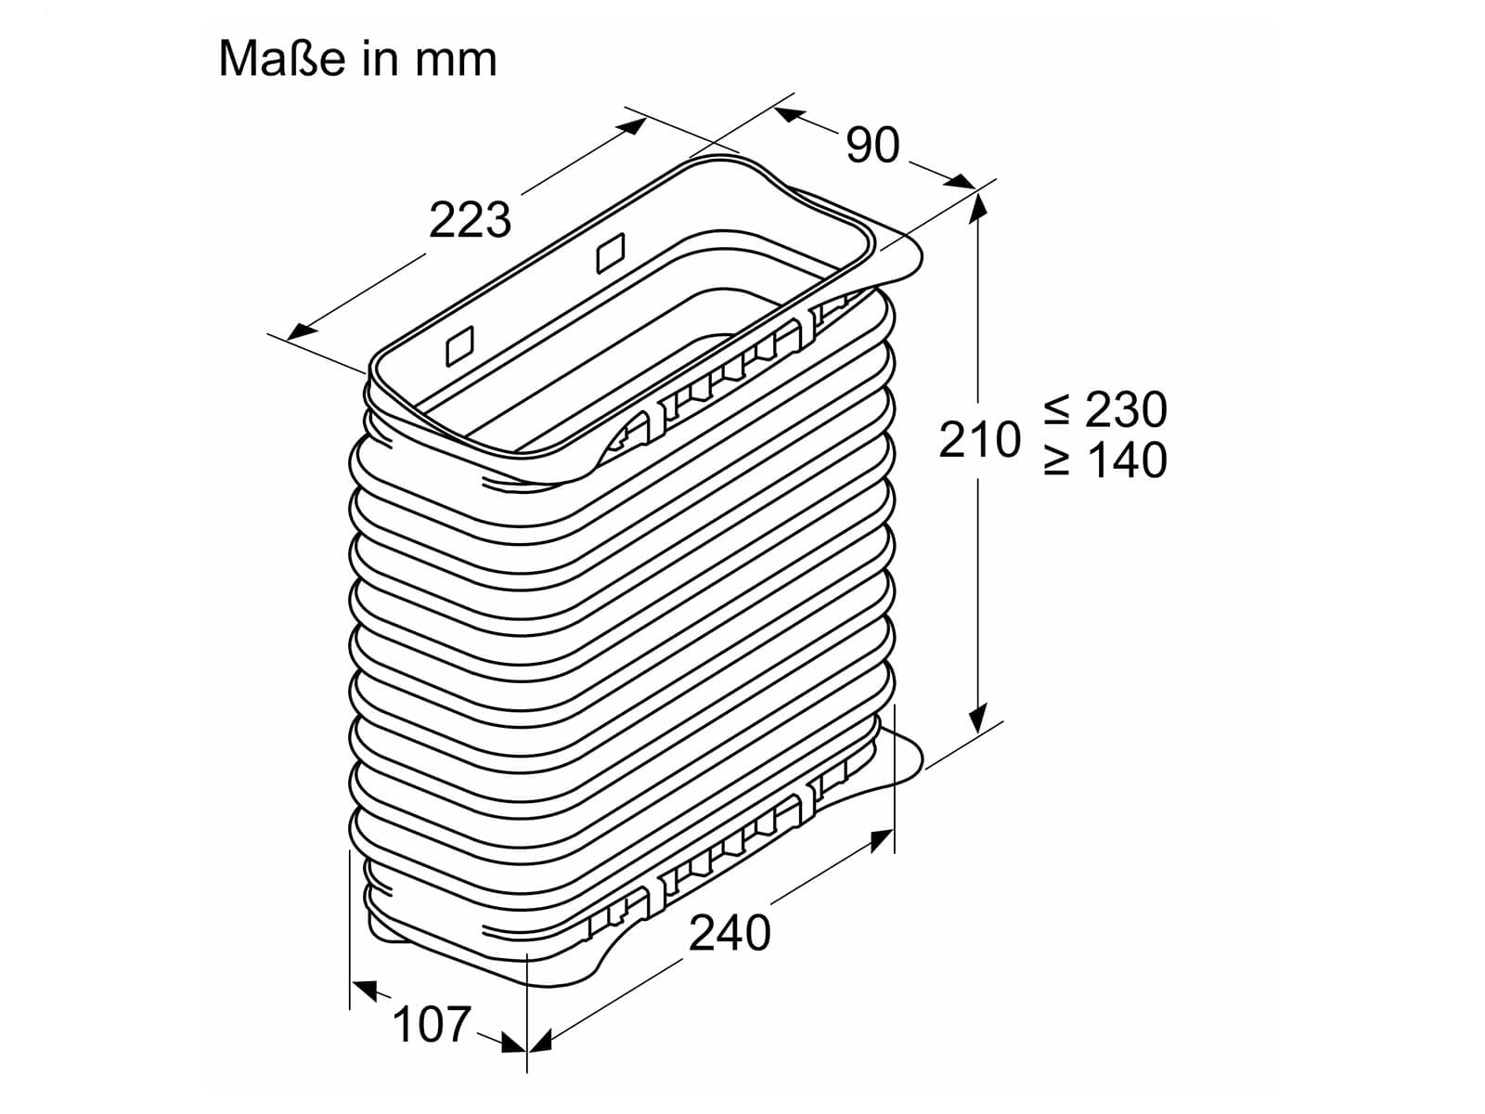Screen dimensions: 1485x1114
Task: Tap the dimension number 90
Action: pyautogui.click(x=872, y=146)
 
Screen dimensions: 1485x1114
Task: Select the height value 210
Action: pyautogui.click(x=979, y=440)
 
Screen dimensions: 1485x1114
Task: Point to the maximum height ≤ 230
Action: pyautogui.click(x=1105, y=409)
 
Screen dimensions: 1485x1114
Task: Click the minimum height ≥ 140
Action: pyautogui.click(x=1105, y=460)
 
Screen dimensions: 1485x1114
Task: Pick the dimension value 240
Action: pyautogui.click(x=730, y=933)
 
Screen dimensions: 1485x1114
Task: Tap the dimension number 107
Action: pyautogui.click(x=431, y=1024)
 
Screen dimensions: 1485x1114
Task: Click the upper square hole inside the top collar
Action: pyautogui.click(x=610, y=253)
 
